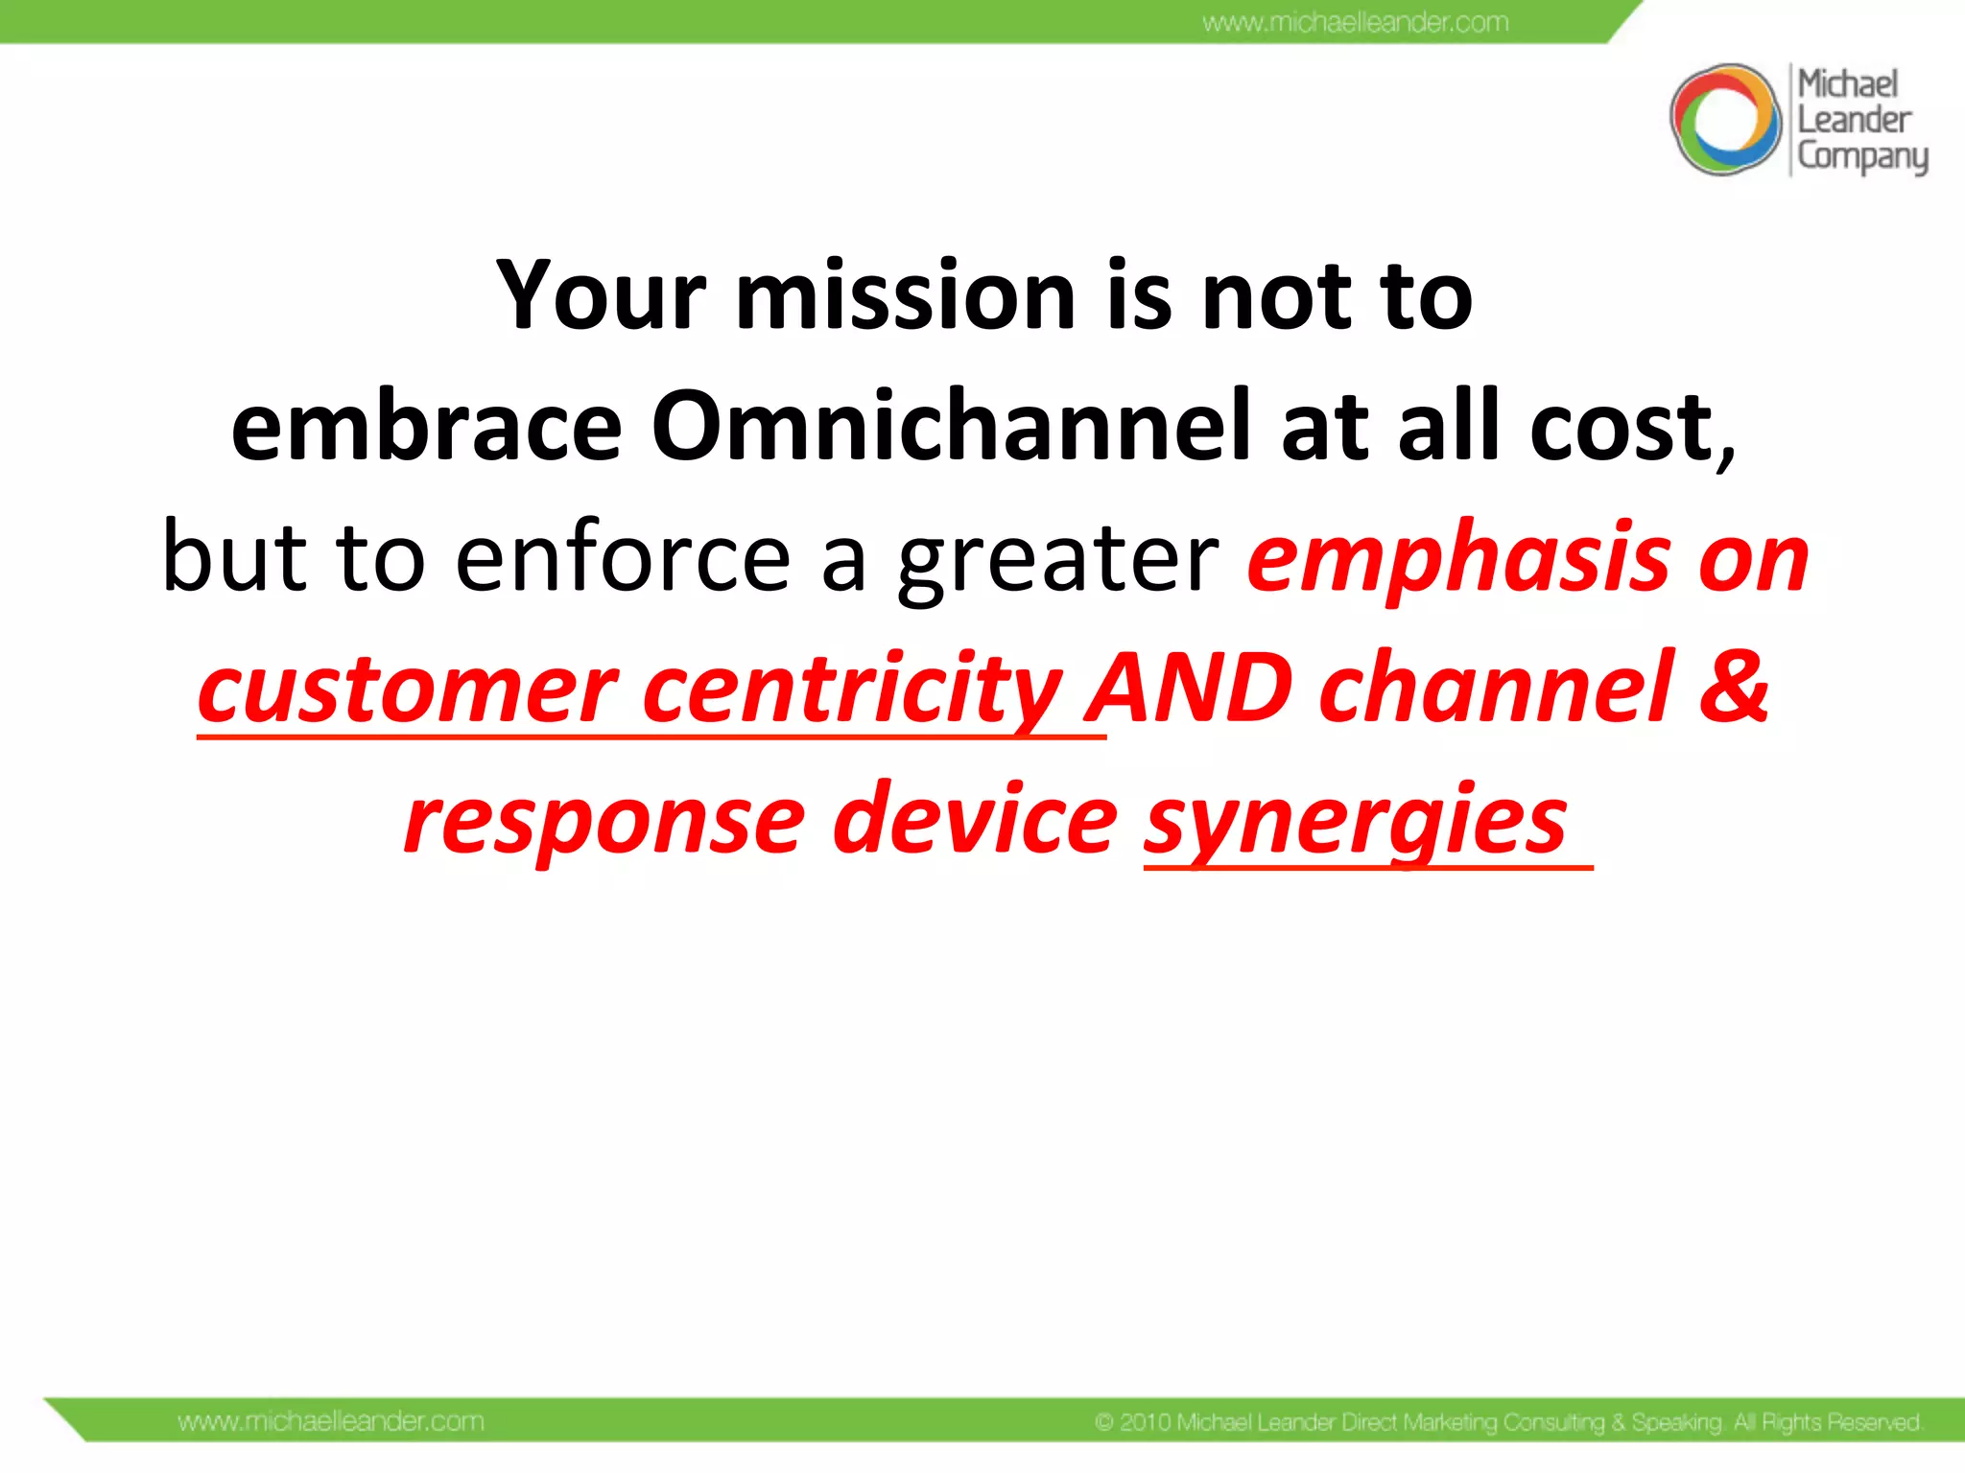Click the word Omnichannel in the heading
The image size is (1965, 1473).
click(x=950, y=426)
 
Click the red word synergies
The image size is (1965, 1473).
click(x=1355, y=821)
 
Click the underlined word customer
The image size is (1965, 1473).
click(x=407, y=690)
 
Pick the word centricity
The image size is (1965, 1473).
click(x=852, y=690)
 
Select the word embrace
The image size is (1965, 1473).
click(x=427, y=426)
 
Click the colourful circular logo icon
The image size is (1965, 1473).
click(x=1725, y=120)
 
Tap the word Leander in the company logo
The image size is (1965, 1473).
click(x=1854, y=120)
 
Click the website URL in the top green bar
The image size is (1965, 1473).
click(x=1355, y=22)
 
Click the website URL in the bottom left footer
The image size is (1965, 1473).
click(x=330, y=1421)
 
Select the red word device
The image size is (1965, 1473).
click(x=975, y=821)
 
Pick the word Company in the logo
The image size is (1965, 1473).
click(x=1861, y=156)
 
